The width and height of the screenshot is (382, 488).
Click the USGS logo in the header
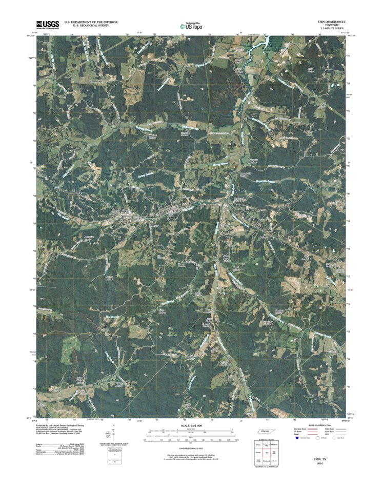coord(47,24)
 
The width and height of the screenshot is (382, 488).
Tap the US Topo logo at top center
coord(191,25)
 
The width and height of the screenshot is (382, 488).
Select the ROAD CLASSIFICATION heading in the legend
coord(317,426)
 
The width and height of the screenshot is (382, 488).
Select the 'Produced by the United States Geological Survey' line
coord(61,425)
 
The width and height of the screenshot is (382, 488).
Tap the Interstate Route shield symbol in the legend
coord(298,439)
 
